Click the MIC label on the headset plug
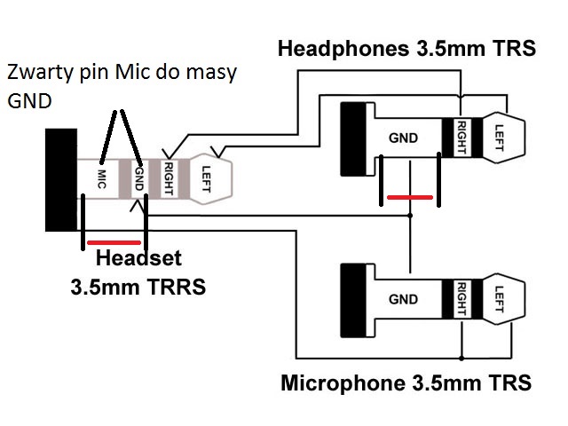click(x=101, y=179)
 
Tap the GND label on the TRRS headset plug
click(x=138, y=178)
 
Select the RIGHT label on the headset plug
click(x=169, y=178)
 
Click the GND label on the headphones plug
click(x=403, y=138)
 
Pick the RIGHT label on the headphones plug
click(x=461, y=138)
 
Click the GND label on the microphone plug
click(x=403, y=299)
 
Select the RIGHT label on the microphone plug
click(x=461, y=299)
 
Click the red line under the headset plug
click(x=114, y=242)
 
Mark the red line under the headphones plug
click(x=410, y=197)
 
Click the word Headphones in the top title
click(x=343, y=49)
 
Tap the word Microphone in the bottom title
click(x=343, y=383)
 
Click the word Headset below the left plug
click(x=138, y=258)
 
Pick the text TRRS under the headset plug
click(x=177, y=287)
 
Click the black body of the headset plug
click(x=61, y=179)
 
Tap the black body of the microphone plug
click(x=354, y=300)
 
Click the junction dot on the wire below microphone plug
click(x=461, y=359)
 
